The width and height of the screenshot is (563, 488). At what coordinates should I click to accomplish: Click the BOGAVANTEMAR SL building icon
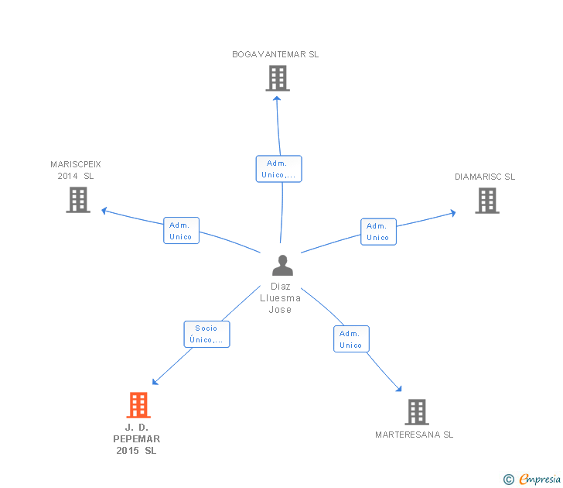(x=277, y=77)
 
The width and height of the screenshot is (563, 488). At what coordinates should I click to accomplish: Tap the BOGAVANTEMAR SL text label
(x=275, y=55)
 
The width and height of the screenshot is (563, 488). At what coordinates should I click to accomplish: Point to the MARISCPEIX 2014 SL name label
(x=76, y=170)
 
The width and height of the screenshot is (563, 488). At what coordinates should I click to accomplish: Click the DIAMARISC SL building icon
(x=486, y=201)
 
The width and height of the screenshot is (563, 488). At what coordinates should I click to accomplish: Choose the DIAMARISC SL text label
(x=485, y=177)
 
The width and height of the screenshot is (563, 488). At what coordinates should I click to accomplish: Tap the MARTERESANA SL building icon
(x=417, y=411)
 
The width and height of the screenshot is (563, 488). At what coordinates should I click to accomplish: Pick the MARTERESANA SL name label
(x=415, y=435)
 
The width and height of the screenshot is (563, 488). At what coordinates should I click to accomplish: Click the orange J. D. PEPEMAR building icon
(x=138, y=404)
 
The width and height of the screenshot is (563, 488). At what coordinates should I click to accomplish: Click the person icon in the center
(x=282, y=266)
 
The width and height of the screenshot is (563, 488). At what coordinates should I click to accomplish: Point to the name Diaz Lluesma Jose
(x=280, y=298)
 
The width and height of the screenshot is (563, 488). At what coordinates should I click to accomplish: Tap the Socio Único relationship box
(x=206, y=334)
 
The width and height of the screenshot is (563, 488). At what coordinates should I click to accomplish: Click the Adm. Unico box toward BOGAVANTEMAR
(x=278, y=169)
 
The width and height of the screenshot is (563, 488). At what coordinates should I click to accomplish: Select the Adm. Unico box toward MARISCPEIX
(x=181, y=231)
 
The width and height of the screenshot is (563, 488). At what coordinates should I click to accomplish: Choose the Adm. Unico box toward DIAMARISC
(x=378, y=232)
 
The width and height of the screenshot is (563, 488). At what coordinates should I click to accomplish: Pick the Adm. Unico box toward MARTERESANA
(x=351, y=339)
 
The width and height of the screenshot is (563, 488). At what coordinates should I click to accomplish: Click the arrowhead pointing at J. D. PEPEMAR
(x=155, y=382)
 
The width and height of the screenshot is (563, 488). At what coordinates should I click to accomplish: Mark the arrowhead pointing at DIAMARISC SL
(x=452, y=212)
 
